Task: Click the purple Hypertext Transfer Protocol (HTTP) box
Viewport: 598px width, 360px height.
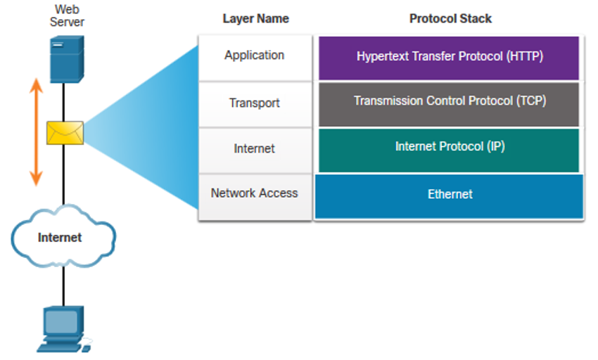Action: click(x=449, y=58)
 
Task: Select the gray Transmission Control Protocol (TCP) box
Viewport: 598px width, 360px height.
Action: click(x=449, y=105)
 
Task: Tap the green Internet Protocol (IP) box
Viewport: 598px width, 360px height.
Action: click(x=449, y=150)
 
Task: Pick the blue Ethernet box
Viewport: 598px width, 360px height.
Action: click(x=449, y=196)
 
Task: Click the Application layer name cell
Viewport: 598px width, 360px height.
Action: click(x=255, y=58)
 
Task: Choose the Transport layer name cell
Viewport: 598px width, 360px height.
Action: click(x=255, y=105)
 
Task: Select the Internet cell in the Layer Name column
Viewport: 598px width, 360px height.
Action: click(x=255, y=150)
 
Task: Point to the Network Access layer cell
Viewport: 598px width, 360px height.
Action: click(x=255, y=197)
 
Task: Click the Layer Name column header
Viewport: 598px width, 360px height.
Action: click(x=255, y=19)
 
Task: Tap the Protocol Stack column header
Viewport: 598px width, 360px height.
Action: click(x=450, y=19)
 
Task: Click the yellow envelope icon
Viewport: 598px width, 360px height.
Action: click(x=65, y=133)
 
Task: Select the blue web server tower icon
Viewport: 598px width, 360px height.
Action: click(x=67, y=59)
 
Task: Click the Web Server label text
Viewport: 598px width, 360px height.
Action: click(x=67, y=15)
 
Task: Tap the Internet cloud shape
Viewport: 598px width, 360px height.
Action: click(x=63, y=236)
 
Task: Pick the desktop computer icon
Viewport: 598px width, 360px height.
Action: click(x=64, y=329)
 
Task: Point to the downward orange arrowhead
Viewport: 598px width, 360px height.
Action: click(x=36, y=179)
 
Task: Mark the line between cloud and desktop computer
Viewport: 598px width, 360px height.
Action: click(x=63, y=286)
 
